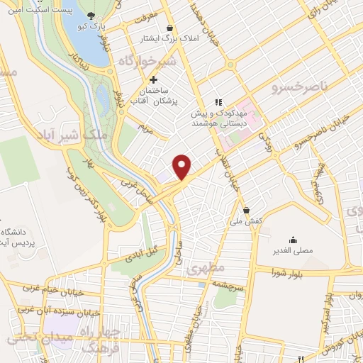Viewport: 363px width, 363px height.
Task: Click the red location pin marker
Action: tap(182, 166)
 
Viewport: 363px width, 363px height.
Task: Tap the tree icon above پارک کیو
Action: tap(91, 15)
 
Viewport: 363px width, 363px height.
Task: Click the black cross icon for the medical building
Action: tap(153, 79)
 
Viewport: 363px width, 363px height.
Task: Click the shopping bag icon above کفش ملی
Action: tap(246, 210)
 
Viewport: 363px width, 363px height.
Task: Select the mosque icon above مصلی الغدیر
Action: tap(294, 240)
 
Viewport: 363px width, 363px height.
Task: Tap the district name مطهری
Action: tap(205, 269)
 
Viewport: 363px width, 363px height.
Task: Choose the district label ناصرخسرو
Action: tap(296, 86)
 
